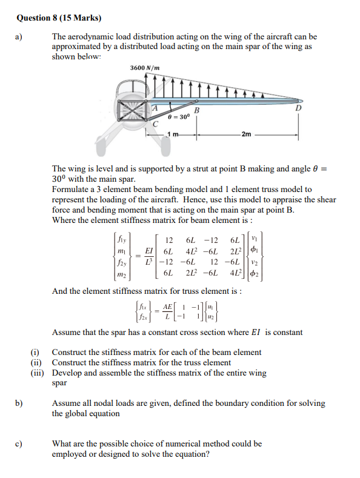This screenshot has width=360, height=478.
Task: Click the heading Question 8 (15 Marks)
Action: click(x=58, y=18)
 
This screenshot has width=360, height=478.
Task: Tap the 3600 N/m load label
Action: click(x=145, y=68)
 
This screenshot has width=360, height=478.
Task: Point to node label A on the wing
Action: click(x=155, y=107)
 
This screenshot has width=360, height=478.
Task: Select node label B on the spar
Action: click(x=196, y=110)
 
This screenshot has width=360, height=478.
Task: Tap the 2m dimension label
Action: click(x=247, y=134)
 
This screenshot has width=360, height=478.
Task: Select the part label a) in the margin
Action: click(x=19, y=37)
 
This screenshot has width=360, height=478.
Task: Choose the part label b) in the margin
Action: click(x=19, y=403)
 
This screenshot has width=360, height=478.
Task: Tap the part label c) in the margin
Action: click(x=19, y=443)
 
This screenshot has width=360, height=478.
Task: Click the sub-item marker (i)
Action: click(x=36, y=352)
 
